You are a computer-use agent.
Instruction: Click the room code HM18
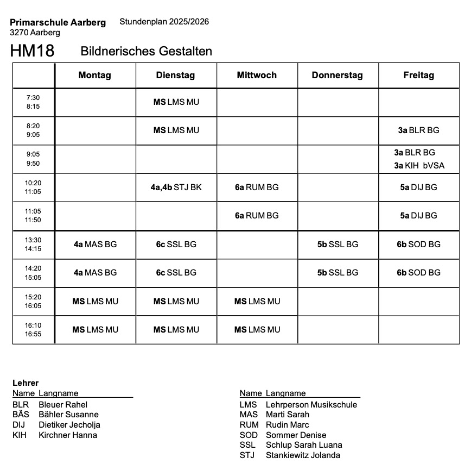tap(32, 51)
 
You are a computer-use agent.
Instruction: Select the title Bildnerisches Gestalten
tap(146, 51)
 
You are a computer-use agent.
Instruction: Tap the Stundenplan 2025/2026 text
tap(164, 22)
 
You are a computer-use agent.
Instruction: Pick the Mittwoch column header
tap(257, 76)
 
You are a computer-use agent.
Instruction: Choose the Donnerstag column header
tap(337, 76)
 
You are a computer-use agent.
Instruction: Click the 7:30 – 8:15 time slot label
tap(33, 102)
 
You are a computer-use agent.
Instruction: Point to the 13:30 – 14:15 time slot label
tap(33, 245)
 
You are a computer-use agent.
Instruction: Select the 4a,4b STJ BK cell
tap(176, 187)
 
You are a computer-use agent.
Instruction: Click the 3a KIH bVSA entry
tap(419, 166)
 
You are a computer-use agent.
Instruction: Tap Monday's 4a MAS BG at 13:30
tap(95, 245)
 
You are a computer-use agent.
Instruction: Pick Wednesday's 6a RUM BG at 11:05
tap(257, 216)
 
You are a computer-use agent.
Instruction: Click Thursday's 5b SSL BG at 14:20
tap(338, 273)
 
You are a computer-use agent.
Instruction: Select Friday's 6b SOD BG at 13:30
tap(418, 245)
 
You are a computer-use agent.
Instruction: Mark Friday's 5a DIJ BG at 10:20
tap(418, 187)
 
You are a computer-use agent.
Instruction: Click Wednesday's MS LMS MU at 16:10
tap(257, 330)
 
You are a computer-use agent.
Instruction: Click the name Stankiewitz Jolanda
tap(303, 455)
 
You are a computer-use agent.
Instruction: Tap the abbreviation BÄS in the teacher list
tap(21, 415)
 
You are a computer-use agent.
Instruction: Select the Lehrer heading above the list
tap(26, 383)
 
